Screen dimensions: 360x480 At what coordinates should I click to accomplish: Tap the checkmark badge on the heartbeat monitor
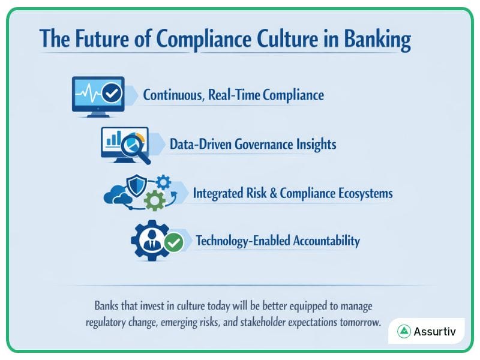coord(112,94)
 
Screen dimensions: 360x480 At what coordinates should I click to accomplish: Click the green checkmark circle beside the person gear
coord(174,242)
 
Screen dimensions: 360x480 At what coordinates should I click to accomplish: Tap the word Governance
coord(264,144)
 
